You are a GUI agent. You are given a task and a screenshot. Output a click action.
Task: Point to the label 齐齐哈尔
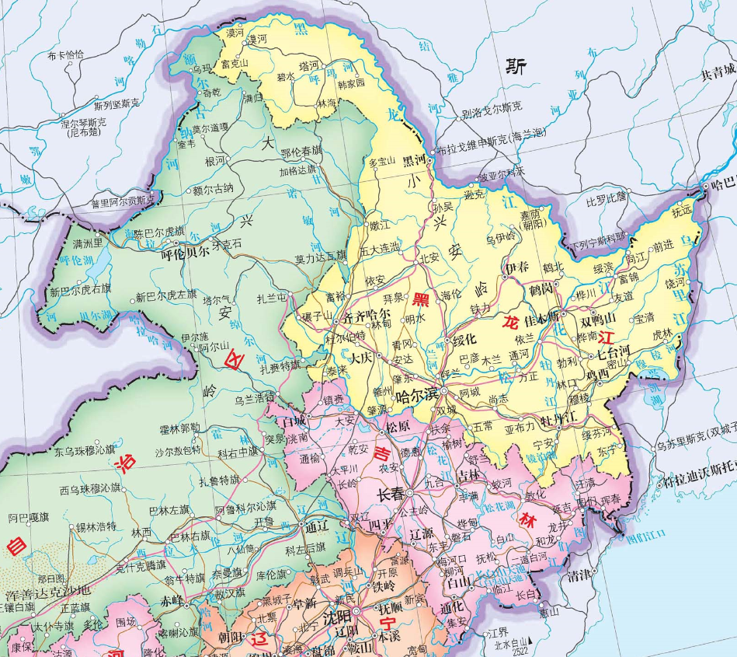(x=367, y=316)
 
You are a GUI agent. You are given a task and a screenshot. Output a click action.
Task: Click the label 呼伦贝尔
(x=184, y=253)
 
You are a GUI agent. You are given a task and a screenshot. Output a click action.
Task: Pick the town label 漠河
(x=256, y=37)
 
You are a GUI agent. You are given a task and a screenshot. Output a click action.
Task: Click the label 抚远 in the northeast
(x=681, y=211)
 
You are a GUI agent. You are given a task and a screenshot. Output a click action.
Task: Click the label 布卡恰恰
(x=65, y=55)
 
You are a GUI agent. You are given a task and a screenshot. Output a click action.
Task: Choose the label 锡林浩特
(x=96, y=526)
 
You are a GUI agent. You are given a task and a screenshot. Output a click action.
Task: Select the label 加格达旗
(x=298, y=169)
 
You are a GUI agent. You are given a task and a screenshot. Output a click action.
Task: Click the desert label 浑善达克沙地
(x=47, y=593)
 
